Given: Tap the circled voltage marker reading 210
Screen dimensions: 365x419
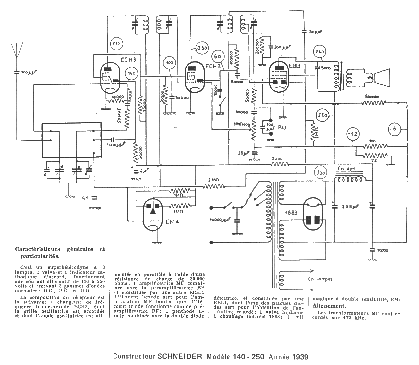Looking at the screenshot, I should click(x=116, y=43).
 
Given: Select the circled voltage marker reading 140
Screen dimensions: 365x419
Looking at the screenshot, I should click(x=131, y=74).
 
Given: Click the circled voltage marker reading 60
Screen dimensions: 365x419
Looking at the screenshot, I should click(x=218, y=56).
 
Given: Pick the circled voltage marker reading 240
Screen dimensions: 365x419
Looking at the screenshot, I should click(x=320, y=52).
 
